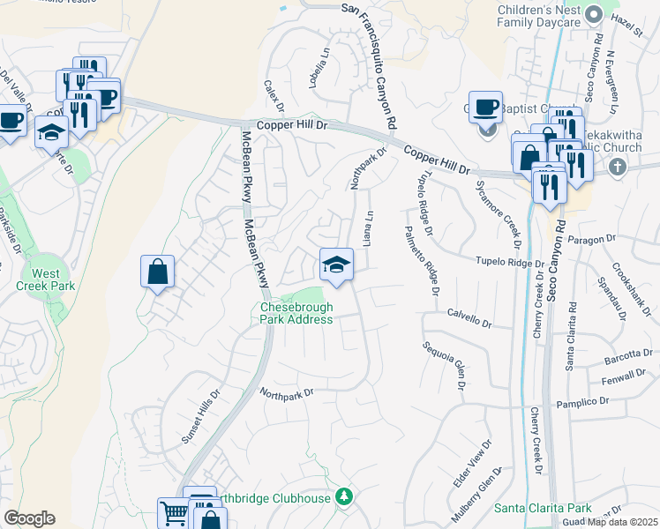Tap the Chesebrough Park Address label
(296, 313)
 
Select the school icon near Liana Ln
(336, 264)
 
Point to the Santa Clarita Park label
(542, 509)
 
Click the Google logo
(29, 518)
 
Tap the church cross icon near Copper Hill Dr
(617, 166)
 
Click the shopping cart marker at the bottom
(172, 513)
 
